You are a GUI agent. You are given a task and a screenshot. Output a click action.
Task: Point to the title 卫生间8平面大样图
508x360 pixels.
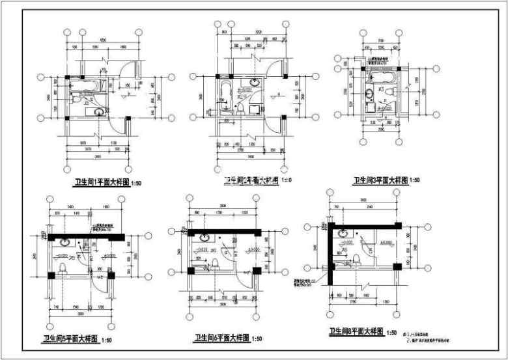click(x=355, y=331)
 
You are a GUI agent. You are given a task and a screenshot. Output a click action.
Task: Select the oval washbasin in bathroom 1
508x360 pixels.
click(x=101, y=112)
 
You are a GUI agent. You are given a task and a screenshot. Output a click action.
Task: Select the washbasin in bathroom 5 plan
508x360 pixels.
click(x=65, y=242)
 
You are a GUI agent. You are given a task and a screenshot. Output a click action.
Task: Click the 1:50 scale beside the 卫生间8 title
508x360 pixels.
click(x=392, y=333)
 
